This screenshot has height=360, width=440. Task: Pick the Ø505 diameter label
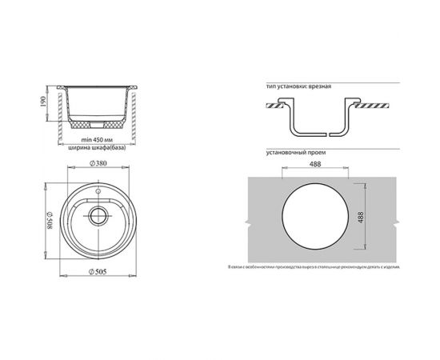pos(101,274)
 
